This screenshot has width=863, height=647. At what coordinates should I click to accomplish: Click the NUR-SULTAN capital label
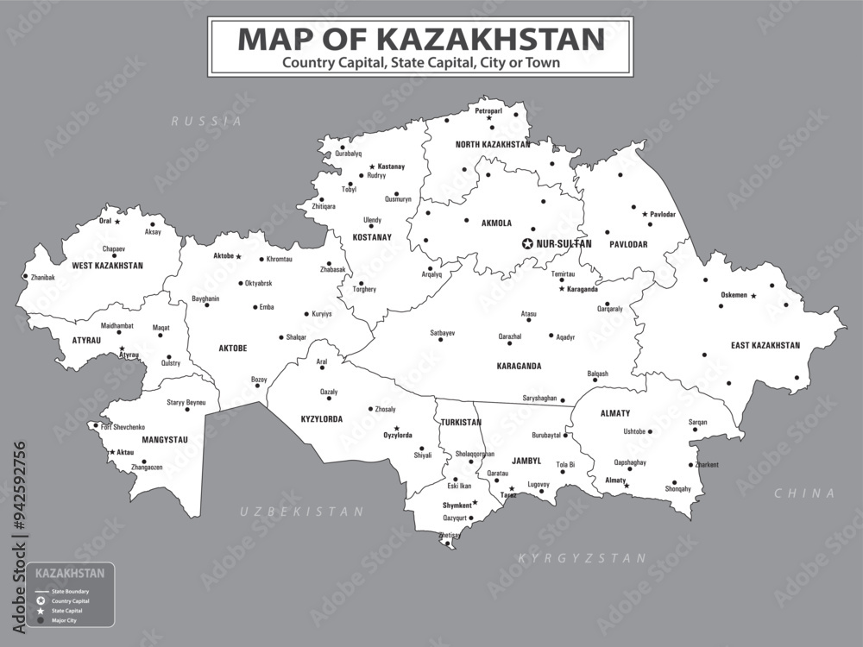pos(564,244)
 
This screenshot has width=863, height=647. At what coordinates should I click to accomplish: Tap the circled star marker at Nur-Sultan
pos(527,244)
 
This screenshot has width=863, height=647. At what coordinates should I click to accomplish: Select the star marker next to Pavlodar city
pos(644,213)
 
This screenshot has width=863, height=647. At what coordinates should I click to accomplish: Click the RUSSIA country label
pos(206,122)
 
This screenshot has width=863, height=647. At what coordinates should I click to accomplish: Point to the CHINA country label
pos(804,493)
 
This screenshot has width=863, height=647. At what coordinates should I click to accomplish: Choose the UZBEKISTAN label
pos(301,512)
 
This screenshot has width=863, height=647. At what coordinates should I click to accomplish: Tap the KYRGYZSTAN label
pos(582,558)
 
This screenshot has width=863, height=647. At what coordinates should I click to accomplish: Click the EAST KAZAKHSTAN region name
pos(765,345)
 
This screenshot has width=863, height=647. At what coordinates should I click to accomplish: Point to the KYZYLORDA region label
pos(321,419)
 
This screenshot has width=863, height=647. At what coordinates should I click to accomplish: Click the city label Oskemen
pos(734,295)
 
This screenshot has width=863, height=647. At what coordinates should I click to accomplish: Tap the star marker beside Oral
pos(118,221)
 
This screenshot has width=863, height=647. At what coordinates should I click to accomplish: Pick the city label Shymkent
pos(457,506)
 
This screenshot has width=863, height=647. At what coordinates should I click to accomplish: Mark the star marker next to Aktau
pos(112,452)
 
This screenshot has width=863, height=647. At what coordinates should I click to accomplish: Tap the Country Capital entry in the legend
pos(68,600)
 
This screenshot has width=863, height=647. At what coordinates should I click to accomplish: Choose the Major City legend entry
pos(64,620)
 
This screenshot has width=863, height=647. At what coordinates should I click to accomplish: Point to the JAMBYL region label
pos(525,462)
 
